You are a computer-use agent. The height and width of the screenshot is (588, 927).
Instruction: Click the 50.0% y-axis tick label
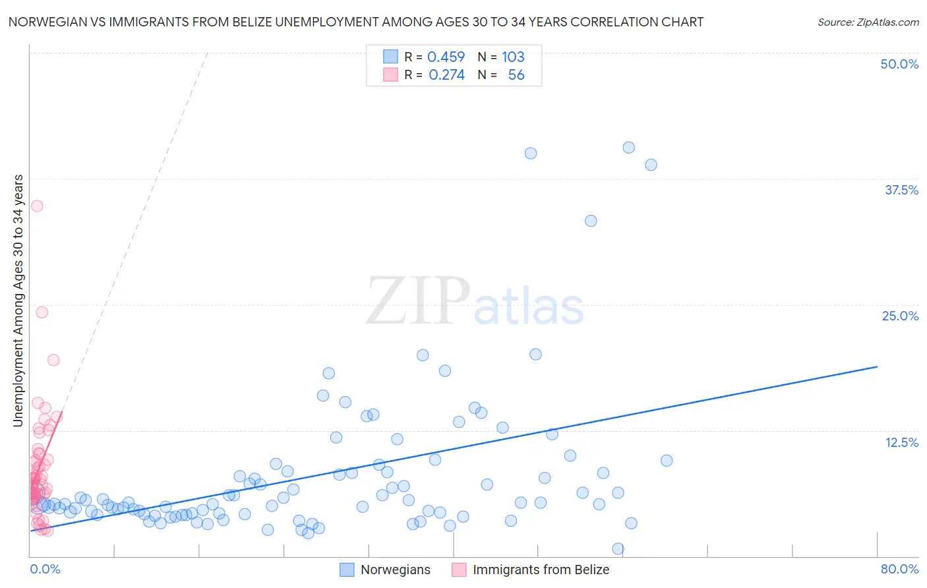899,64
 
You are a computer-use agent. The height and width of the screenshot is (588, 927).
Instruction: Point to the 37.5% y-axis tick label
901,190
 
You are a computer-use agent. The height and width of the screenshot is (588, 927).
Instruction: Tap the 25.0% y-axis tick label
900,316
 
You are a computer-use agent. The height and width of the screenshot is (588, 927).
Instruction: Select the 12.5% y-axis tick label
901,442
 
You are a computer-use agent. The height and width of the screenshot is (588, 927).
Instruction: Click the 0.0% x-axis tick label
45,569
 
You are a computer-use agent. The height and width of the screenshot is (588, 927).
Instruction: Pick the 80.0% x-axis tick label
899,569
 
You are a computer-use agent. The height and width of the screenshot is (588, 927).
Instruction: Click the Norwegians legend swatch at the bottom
347,570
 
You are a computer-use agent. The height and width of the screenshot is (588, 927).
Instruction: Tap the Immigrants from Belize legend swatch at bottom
459,570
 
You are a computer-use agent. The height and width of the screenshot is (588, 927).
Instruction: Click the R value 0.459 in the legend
446,57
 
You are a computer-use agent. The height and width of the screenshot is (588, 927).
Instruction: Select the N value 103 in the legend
513,57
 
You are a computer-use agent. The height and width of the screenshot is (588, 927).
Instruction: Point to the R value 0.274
446,75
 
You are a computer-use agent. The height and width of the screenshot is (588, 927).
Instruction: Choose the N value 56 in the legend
516,75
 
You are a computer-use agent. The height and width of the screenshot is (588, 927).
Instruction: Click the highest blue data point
628,148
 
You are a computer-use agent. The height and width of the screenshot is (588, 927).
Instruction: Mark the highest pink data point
37,206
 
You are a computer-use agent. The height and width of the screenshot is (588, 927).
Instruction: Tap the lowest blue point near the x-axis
618,548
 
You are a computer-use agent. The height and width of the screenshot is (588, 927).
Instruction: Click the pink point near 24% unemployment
42,312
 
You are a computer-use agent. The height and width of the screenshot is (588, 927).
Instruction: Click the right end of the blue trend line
877,367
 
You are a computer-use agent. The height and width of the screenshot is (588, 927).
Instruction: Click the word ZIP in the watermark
418,302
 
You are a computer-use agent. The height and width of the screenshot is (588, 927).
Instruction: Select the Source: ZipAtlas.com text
868,22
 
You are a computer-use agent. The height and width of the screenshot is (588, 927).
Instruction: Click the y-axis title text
18,301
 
